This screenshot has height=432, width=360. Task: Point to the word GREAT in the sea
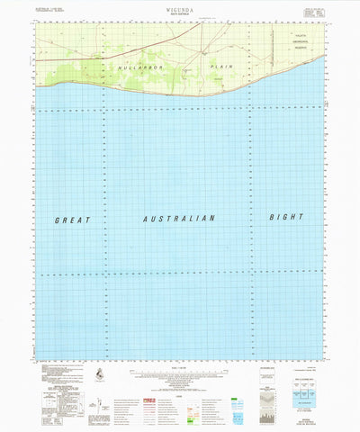tap(72, 220)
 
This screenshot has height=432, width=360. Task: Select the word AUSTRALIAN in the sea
tap(179, 219)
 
